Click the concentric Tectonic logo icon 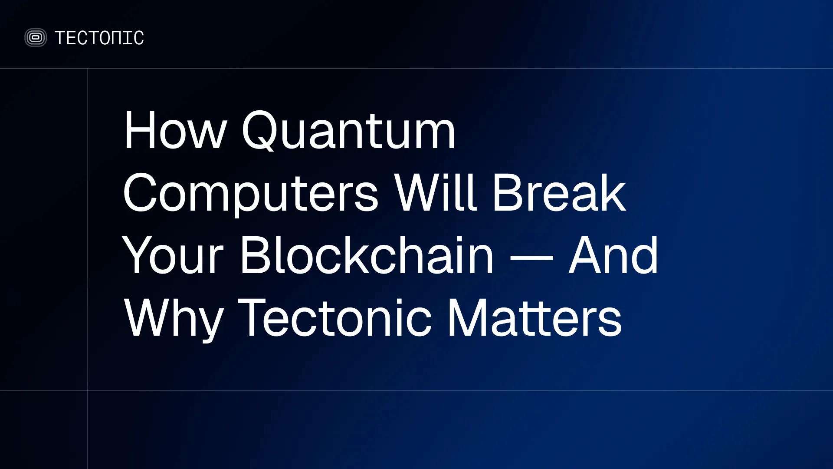tap(36, 38)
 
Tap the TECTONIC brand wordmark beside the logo tap(99, 38)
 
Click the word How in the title tap(175, 130)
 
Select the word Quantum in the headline tap(348, 130)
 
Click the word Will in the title tap(436, 192)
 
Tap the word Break tap(559, 192)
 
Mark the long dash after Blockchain tap(531, 258)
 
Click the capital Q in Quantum tap(259, 130)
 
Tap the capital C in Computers tap(140, 192)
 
